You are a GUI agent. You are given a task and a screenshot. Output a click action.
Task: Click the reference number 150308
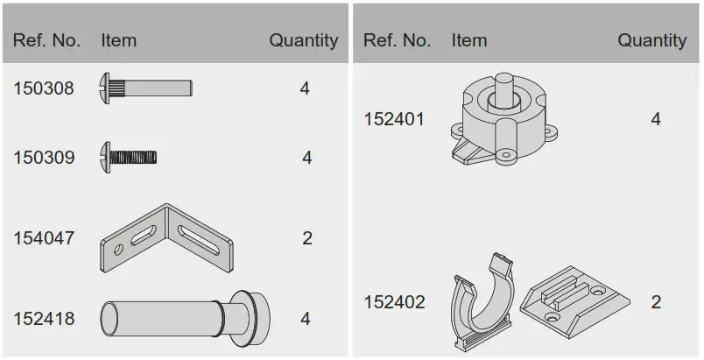44,88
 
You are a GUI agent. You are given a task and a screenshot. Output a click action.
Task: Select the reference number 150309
44,158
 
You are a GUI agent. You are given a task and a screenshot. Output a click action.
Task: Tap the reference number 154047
44,238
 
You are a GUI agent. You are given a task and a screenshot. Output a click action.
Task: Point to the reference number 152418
44,319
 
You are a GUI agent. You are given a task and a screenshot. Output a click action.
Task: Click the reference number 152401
394,119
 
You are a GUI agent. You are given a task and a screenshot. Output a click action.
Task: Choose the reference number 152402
394,302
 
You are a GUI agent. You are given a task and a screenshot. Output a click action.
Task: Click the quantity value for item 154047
307,238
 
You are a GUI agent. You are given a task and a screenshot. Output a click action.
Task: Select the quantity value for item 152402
656,302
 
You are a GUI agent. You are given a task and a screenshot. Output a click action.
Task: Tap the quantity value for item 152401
656,119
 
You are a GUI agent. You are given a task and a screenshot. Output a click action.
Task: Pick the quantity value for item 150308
305,88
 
